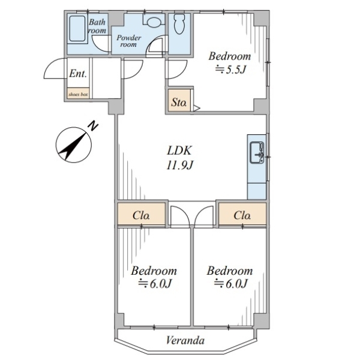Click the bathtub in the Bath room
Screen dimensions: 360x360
[x=76, y=28]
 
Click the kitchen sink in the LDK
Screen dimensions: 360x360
[x=257, y=153]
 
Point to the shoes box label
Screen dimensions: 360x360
[x=78, y=94]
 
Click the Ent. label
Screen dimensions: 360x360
[x=78, y=74]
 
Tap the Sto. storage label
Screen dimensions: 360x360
[x=179, y=104]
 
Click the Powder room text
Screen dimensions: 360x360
[x=129, y=41]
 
